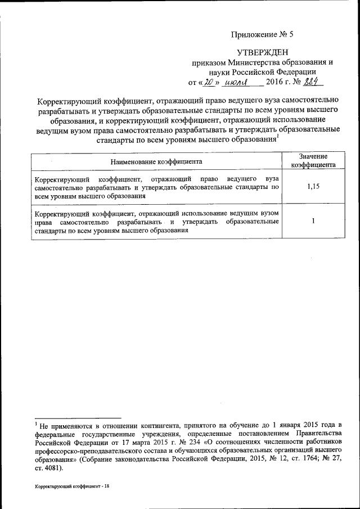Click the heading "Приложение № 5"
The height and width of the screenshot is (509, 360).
(262, 34)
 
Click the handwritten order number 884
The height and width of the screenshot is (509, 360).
(312, 83)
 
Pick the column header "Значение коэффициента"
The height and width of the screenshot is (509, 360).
(313, 161)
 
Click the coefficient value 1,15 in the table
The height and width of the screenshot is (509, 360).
(313, 187)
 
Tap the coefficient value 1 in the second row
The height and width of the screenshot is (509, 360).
(313, 221)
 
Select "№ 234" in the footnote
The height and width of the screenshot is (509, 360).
(169, 442)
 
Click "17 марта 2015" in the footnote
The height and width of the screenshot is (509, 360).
(129, 442)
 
